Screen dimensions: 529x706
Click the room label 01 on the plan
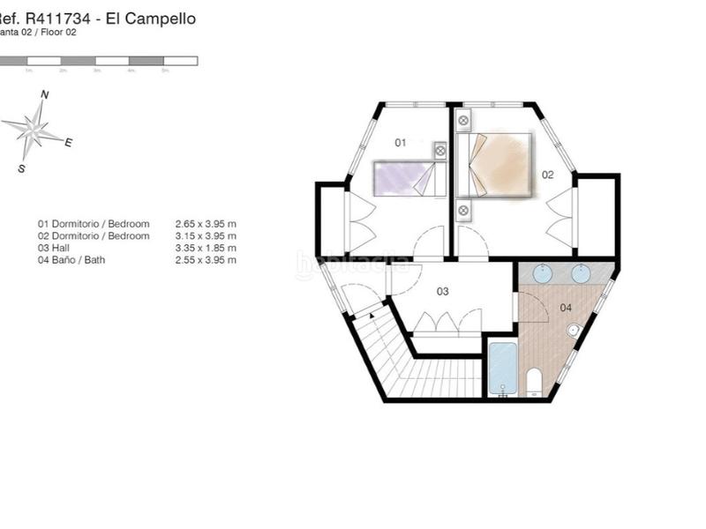(x=400, y=142)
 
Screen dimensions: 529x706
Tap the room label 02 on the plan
(x=547, y=175)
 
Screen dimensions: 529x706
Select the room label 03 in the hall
(x=443, y=291)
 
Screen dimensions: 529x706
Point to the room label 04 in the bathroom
(x=566, y=308)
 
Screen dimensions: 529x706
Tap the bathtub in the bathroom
(x=502, y=368)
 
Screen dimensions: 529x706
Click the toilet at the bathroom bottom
(x=533, y=383)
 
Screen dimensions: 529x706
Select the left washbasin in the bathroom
(x=542, y=274)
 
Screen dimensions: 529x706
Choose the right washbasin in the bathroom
(x=580, y=274)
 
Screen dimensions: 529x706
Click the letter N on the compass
(x=45, y=94)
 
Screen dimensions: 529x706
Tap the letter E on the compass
(x=68, y=142)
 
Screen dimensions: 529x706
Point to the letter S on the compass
(x=21, y=168)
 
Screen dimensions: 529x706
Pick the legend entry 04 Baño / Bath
(x=75, y=260)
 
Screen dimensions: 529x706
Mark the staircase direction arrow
(x=372, y=314)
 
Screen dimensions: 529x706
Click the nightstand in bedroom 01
(x=440, y=151)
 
